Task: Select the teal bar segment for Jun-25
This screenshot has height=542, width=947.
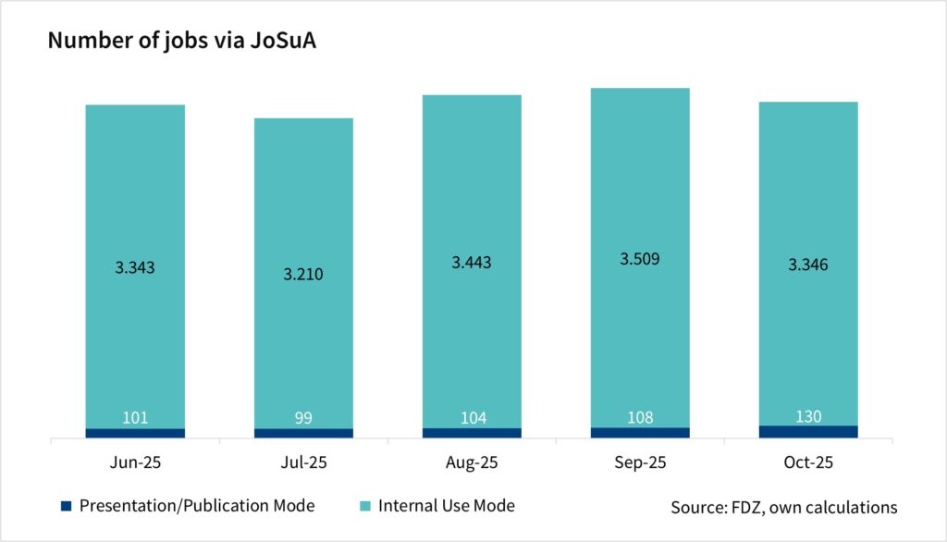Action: (135, 185)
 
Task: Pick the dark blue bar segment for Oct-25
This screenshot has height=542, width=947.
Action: (808, 431)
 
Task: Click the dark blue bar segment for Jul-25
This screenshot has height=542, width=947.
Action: (303, 433)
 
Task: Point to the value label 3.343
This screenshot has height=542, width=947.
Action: (135, 267)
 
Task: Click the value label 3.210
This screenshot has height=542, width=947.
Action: (303, 275)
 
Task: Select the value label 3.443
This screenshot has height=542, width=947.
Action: (472, 263)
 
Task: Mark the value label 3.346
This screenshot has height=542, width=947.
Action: (808, 265)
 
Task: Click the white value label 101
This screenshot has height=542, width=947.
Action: (135, 417)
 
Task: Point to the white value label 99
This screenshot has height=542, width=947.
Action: (303, 418)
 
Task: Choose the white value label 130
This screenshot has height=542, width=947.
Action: (808, 415)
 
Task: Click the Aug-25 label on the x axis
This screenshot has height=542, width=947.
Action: (472, 462)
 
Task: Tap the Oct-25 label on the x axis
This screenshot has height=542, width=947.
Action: (808, 462)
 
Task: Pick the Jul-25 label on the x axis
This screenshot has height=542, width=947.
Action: (303, 462)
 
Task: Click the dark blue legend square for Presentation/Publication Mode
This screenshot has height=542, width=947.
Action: (65, 506)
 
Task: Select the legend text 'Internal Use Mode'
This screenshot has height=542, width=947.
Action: (447, 506)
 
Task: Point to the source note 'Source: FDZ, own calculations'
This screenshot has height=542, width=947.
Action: (784, 507)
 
